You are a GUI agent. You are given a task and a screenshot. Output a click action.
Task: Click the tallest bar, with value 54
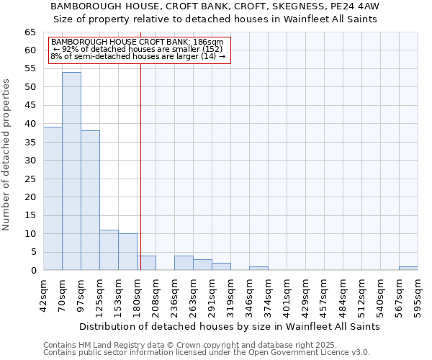71,171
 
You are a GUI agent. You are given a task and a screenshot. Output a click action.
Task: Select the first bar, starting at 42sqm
53,199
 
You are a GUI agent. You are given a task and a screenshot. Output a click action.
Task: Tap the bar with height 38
90,201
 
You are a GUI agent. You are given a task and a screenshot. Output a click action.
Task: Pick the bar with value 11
109,250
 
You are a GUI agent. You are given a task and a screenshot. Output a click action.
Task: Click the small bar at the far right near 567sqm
408,269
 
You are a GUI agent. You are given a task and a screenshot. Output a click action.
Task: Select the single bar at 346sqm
258,269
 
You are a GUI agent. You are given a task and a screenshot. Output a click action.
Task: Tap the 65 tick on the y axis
30,32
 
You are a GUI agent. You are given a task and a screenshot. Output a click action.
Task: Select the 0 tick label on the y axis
33,271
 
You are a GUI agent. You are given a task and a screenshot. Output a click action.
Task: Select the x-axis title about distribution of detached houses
229,326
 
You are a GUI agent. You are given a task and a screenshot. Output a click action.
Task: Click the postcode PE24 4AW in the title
354,6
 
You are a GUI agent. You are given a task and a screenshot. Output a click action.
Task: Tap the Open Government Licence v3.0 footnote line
206,353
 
